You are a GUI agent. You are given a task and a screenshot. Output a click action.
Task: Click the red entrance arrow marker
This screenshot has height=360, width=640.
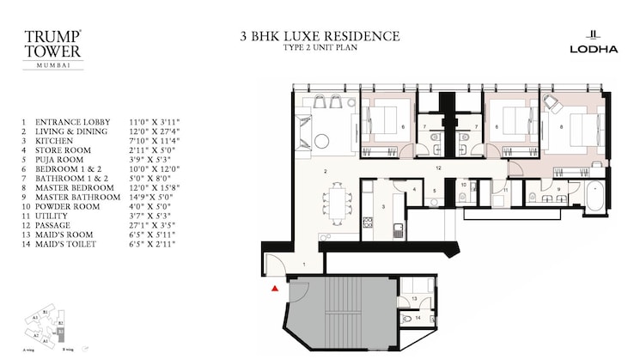(x=275, y=290)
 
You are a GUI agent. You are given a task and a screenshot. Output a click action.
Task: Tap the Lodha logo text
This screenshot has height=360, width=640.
(x=594, y=49)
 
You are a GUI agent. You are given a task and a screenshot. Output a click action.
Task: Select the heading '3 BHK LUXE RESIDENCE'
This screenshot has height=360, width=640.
(x=320, y=36)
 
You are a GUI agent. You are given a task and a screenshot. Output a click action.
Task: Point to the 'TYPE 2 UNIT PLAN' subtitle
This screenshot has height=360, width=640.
(x=320, y=48)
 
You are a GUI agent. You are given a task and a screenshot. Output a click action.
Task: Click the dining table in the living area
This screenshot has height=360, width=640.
(x=336, y=203)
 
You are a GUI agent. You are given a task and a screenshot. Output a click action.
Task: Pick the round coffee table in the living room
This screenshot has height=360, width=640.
(x=321, y=141)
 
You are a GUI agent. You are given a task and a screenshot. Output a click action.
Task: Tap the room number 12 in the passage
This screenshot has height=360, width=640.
(x=438, y=168)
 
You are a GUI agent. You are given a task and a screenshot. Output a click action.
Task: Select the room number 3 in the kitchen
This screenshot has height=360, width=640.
(x=383, y=207)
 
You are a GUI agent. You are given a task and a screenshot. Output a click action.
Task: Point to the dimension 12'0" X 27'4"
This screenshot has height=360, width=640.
(x=155, y=131)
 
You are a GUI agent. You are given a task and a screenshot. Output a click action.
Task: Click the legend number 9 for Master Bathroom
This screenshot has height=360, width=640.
(x=25, y=196)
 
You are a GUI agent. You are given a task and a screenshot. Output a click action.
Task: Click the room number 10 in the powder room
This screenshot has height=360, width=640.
(x=462, y=184)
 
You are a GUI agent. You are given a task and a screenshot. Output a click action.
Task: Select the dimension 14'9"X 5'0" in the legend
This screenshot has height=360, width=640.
(x=155, y=196)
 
